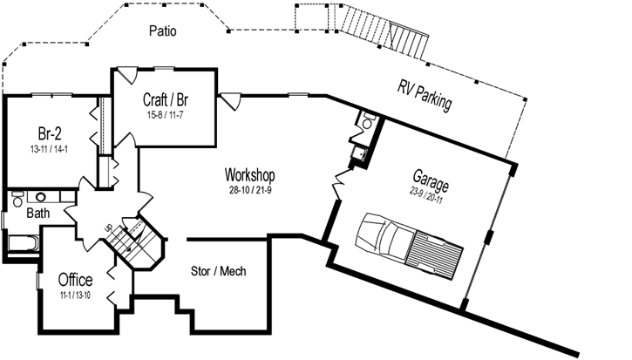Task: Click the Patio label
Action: (162, 31)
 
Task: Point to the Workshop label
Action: (250, 173)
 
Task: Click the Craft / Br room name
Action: (165, 98)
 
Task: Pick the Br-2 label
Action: (50, 133)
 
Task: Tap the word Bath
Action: (37, 213)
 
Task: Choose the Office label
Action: (75, 280)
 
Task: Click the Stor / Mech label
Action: (218, 271)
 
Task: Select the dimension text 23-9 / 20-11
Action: (429, 192)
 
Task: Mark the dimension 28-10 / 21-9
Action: (250, 189)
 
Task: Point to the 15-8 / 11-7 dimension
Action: (165, 114)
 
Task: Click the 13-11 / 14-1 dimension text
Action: (50, 150)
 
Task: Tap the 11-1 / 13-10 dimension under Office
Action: (76, 295)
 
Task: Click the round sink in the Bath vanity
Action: (40, 197)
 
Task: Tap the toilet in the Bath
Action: (17, 201)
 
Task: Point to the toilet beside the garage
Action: (368, 124)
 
